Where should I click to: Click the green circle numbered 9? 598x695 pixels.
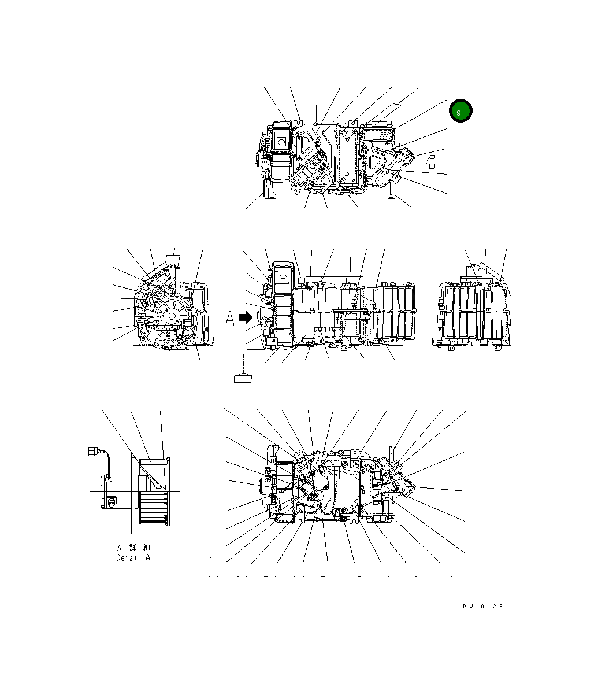(459, 112)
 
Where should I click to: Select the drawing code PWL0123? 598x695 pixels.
(482, 607)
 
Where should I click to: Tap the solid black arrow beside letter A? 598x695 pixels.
(246, 318)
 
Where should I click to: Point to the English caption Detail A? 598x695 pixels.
(133, 558)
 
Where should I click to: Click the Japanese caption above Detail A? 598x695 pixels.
(133, 547)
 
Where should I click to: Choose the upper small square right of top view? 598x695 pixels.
(431, 157)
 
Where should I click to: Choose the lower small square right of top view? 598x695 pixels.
(431, 167)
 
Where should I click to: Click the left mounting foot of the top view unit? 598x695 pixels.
(269, 190)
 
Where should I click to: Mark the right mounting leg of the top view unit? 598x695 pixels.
(392, 188)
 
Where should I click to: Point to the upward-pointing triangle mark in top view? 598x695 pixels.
(346, 173)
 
